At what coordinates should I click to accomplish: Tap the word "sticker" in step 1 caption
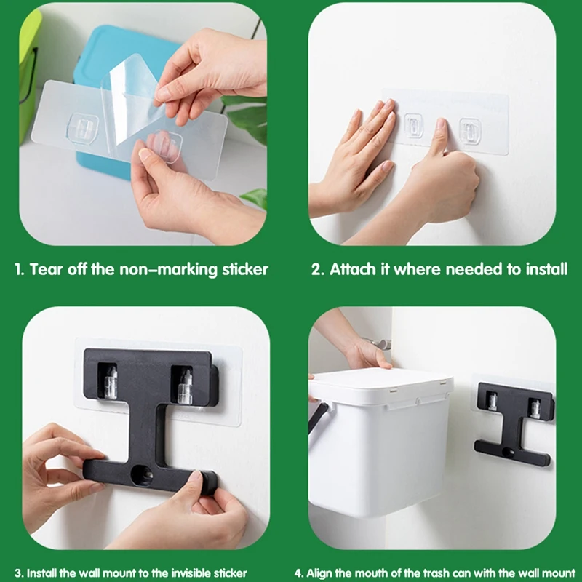pyautogui.click(x=243, y=270)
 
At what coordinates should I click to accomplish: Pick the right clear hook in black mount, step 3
pyautogui.click(x=185, y=386)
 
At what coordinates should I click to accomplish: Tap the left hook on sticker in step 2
pyautogui.click(x=414, y=127)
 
